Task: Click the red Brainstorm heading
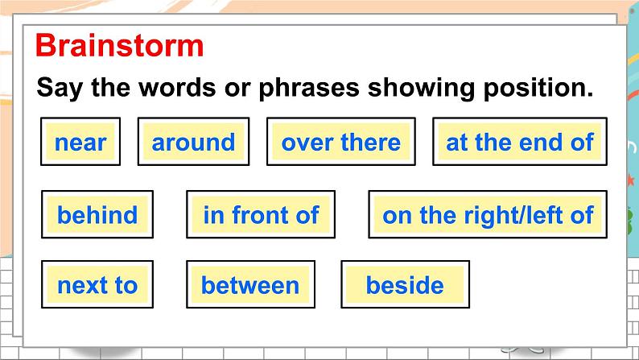119,45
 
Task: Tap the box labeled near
80,142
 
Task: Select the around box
194,142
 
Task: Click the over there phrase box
341,142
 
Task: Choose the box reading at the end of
520,142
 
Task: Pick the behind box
97,214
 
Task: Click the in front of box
261,214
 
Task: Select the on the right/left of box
488,214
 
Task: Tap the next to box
97,284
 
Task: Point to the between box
250,284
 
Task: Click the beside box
405,284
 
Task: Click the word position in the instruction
538,88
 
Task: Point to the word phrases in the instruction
309,88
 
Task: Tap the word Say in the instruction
60,88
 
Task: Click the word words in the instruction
177,87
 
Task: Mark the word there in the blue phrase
371,143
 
